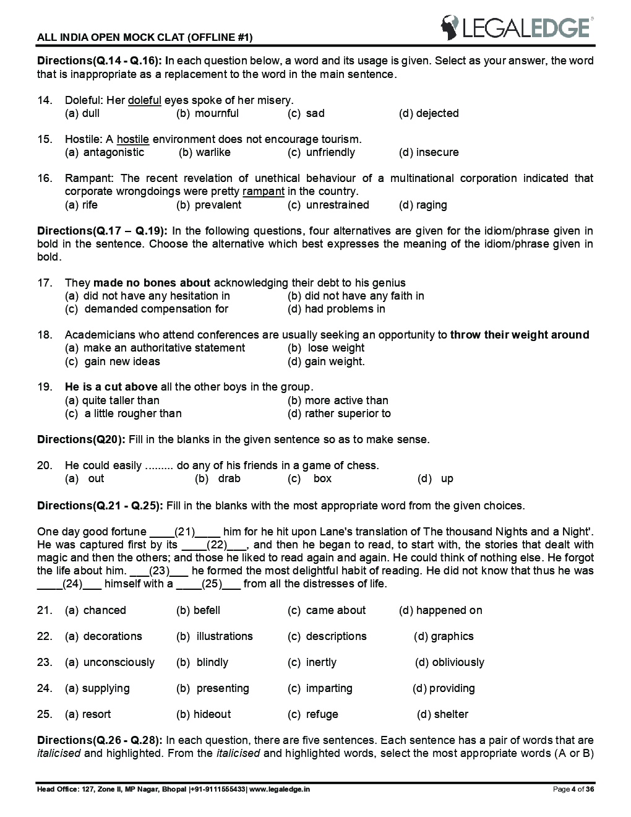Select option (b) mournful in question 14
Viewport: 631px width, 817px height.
pyautogui.click(x=207, y=113)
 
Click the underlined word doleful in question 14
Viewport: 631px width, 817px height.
pyautogui.click(x=144, y=100)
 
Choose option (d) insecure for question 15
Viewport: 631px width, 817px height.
pyautogui.click(x=429, y=152)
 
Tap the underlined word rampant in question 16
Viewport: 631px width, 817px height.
pyautogui.click(x=264, y=191)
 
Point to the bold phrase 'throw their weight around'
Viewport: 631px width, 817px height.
pyautogui.click(x=519, y=335)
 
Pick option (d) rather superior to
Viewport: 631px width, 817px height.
pyautogui.click(x=339, y=413)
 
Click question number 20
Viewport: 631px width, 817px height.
pyautogui.click(x=44, y=465)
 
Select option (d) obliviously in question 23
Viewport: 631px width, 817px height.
pyautogui.click(x=450, y=662)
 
